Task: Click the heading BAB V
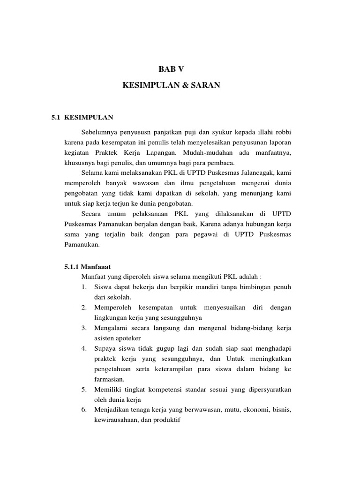(x=171, y=68)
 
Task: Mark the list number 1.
(x=83, y=286)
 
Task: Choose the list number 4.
(x=83, y=349)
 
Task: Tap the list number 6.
(x=83, y=410)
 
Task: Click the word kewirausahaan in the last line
(x=115, y=420)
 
